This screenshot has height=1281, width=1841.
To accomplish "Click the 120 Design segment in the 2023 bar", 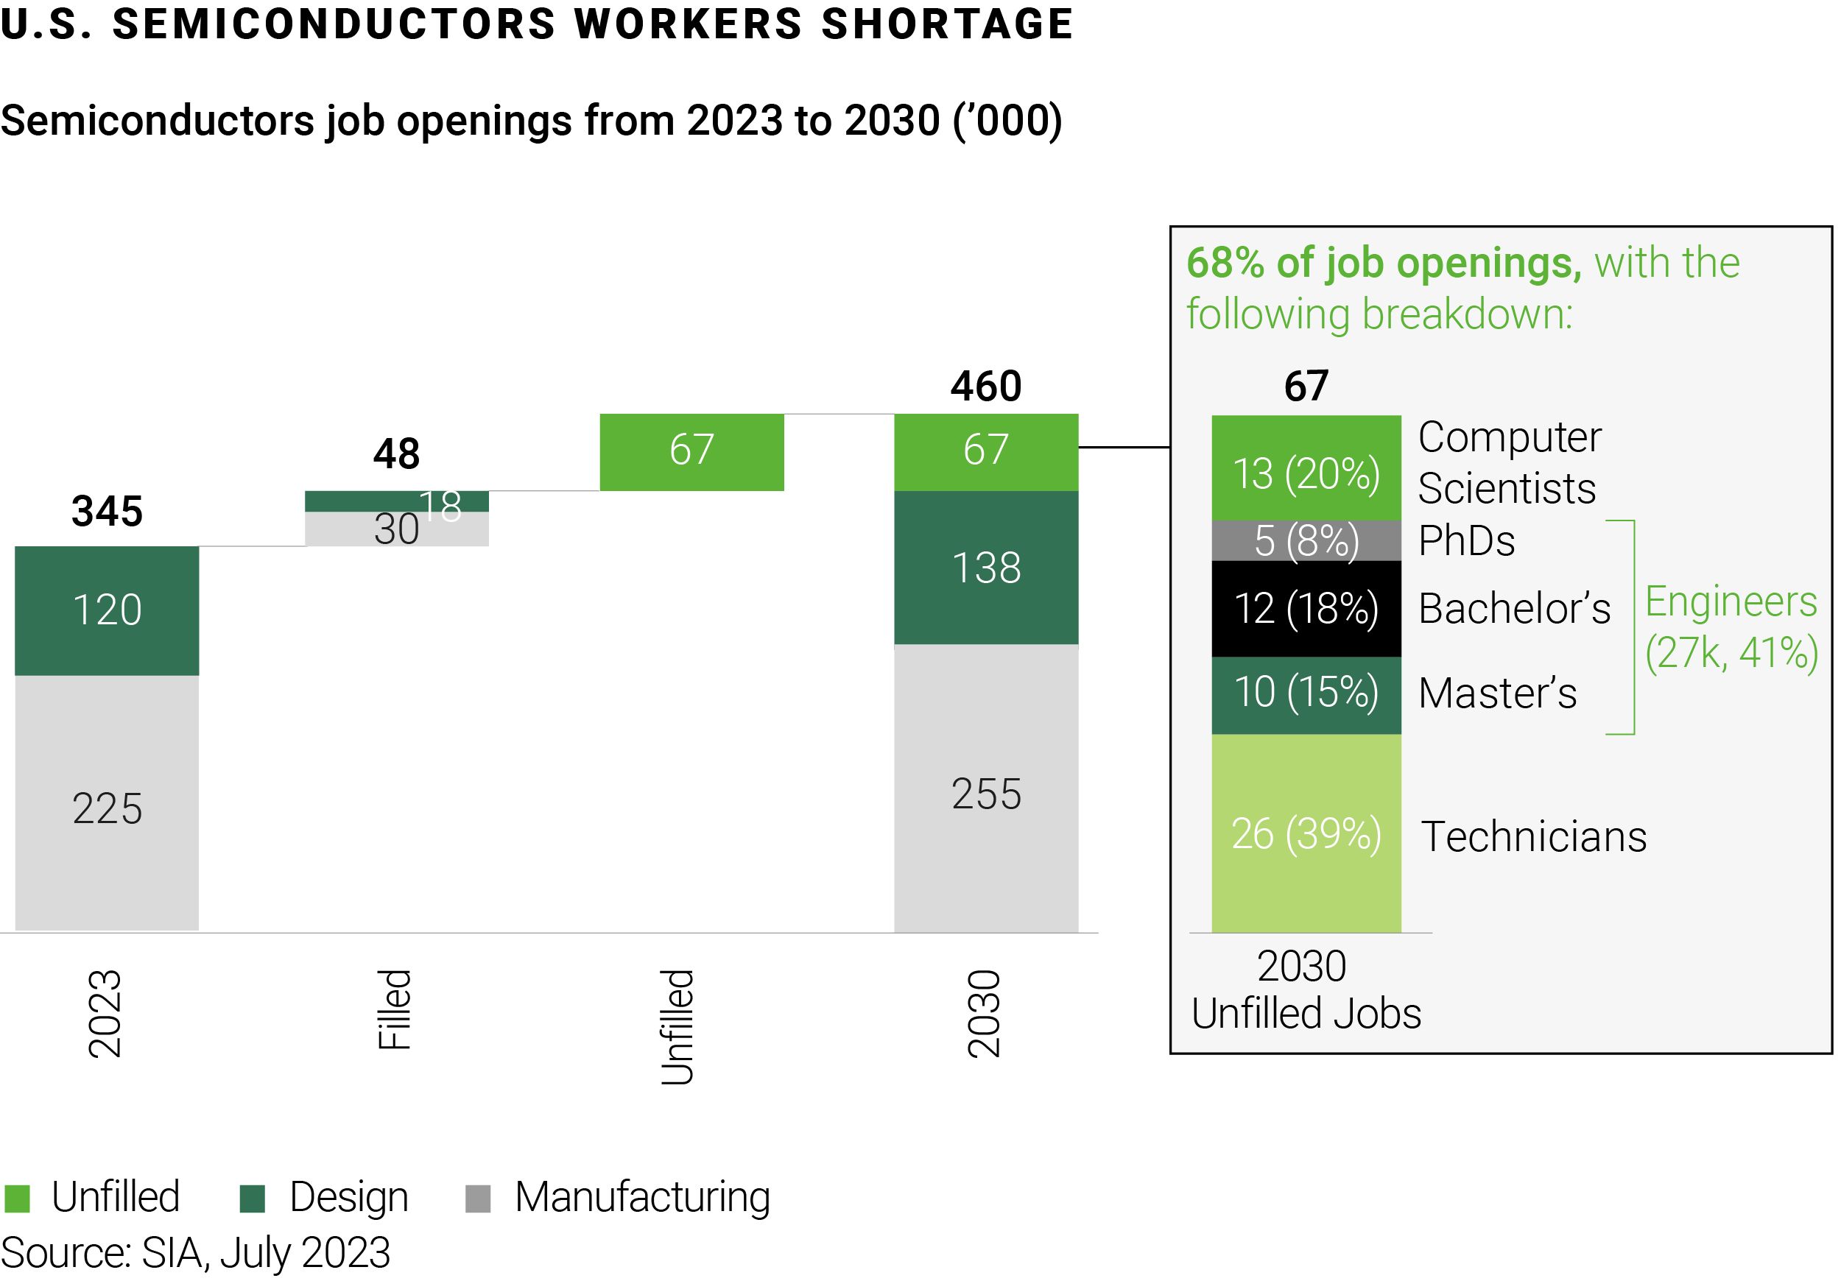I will click(x=107, y=610).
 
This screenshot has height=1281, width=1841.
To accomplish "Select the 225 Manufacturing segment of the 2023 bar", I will click(x=107, y=802).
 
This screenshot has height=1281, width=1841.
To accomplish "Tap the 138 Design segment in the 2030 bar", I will click(x=985, y=568).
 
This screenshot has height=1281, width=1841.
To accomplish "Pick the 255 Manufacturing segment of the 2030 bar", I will click(x=985, y=788).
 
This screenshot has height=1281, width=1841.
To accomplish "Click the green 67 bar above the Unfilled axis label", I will click(x=691, y=451).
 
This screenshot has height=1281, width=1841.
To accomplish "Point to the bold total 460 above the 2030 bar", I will click(x=985, y=387).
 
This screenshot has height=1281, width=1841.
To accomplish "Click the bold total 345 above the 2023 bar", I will click(x=107, y=512).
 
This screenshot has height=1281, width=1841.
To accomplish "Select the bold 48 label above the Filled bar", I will click(x=396, y=454).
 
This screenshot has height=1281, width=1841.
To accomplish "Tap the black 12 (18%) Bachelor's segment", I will click(x=1306, y=608).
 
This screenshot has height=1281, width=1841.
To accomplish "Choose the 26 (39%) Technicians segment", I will click(x=1306, y=833).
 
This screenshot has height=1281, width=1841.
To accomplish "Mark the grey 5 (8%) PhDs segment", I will click(x=1306, y=540).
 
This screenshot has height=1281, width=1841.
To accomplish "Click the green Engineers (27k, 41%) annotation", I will click(x=1731, y=627).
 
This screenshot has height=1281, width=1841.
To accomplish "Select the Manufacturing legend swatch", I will click(x=478, y=1199).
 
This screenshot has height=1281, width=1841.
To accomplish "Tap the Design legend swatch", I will click(x=253, y=1199).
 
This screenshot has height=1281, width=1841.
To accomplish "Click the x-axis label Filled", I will click(x=395, y=1009).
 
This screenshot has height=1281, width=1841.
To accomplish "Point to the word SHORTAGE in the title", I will click(x=947, y=24).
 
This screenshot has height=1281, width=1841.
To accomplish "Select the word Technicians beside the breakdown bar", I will click(x=1533, y=837).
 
